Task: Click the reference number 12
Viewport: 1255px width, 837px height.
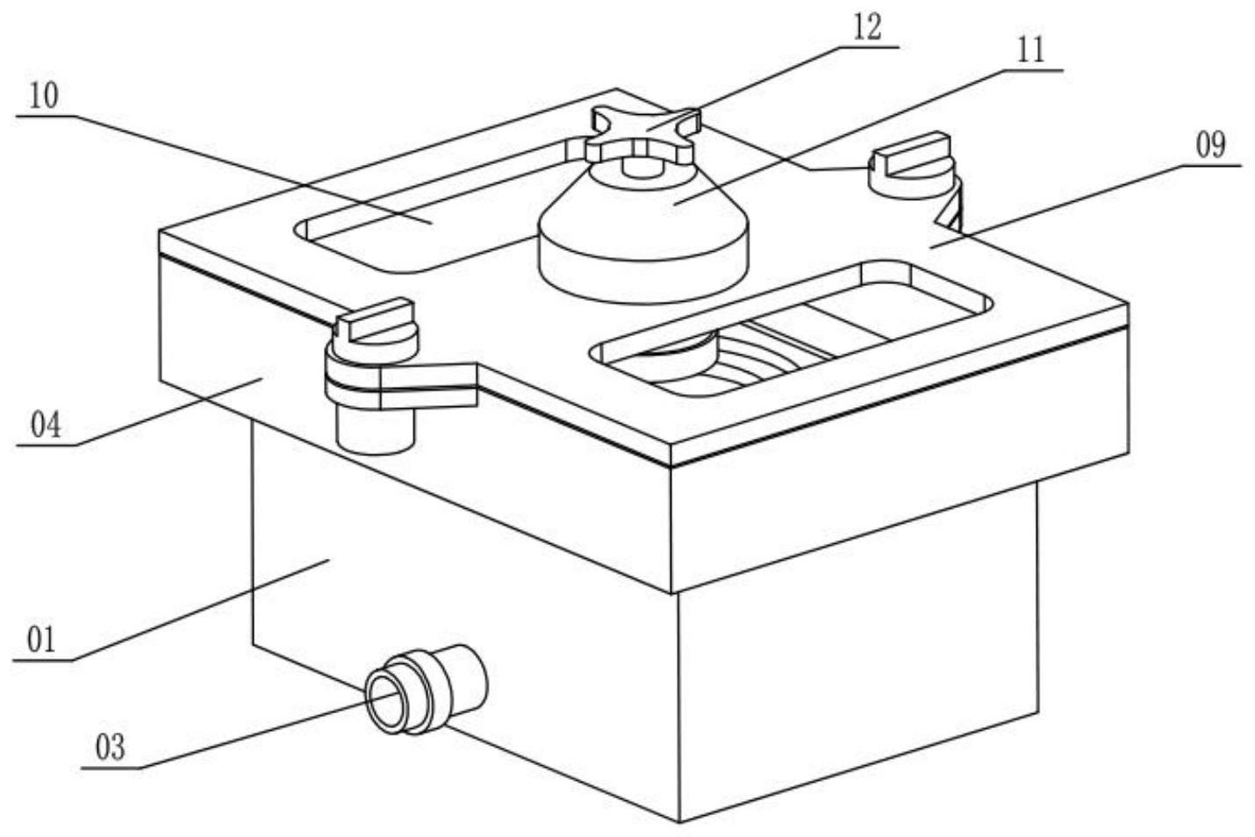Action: (867, 27)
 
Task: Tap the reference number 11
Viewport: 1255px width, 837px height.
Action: (1031, 50)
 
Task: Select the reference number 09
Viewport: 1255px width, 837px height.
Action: (1210, 145)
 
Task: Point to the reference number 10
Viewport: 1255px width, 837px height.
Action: (43, 96)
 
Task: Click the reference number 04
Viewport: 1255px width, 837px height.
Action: (46, 426)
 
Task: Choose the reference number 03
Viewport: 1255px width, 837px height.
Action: (110, 748)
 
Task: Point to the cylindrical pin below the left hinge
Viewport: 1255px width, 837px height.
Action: (376, 430)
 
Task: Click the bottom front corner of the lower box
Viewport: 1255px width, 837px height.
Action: (680, 821)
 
